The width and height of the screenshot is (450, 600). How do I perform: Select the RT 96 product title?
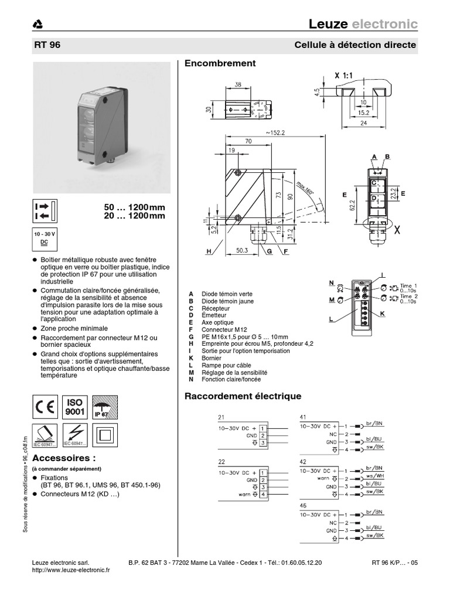point(47,45)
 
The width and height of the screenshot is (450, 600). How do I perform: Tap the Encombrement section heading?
point(220,63)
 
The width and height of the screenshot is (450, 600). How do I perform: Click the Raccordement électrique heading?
point(243,396)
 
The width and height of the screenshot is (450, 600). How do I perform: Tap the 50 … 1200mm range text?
point(134,208)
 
